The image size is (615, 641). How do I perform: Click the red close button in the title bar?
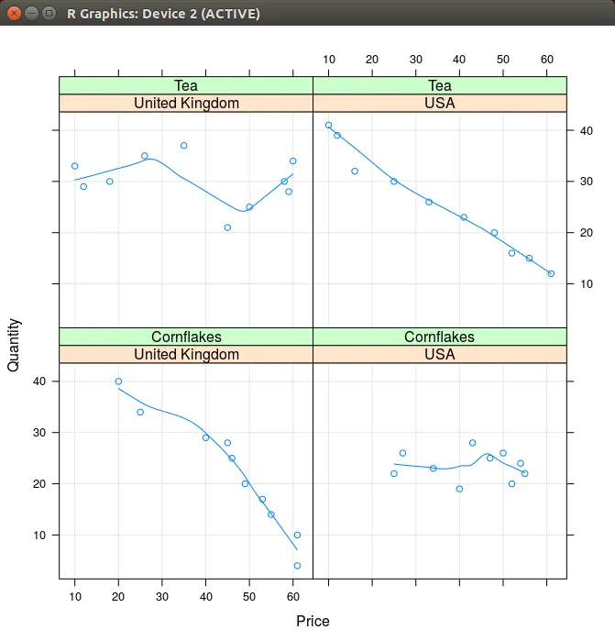(x=14, y=14)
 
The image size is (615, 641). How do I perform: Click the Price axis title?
(x=313, y=621)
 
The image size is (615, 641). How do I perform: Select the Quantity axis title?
(x=14, y=344)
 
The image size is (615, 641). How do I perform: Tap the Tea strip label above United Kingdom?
(x=186, y=86)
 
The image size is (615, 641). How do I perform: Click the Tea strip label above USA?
(x=440, y=86)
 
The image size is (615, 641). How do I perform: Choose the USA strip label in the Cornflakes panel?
(x=440, y=354)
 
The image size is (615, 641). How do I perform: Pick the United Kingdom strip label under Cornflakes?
(x=186, y=354)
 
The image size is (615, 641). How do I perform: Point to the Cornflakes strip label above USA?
(x=440, y=337)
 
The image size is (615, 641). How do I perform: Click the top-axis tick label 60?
(x=547, y=60)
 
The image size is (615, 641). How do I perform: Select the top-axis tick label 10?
(x=328, y=60)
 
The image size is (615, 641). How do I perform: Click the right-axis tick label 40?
(x=585, y=131)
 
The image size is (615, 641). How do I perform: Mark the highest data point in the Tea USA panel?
(x=328, y=126)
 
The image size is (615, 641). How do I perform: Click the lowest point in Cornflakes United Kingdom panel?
(x=297, y=566)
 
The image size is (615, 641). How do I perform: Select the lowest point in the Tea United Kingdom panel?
(x=227, y=227)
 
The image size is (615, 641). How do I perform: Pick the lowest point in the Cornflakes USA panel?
(x=459, y=489)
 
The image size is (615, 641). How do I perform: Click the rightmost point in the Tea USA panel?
(x=551, y=273)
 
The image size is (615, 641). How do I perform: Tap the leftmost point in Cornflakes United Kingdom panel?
(x=118, y=381)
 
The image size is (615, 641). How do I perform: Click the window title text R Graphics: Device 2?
(x=163, y=14)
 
